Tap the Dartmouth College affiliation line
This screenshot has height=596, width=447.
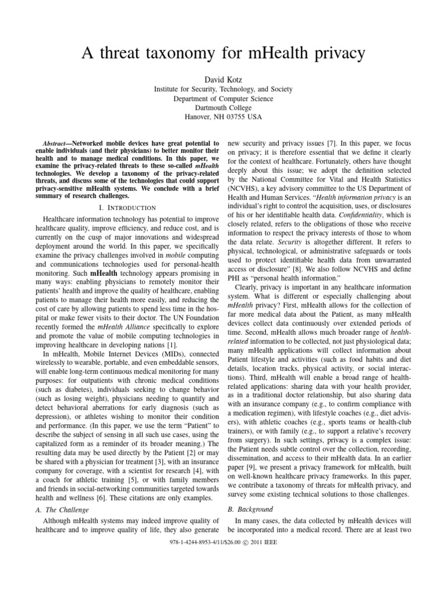pyautogui.click(x=223, y=108)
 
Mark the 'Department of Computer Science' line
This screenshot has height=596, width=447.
pyautogui.click(x=223, y=98)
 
